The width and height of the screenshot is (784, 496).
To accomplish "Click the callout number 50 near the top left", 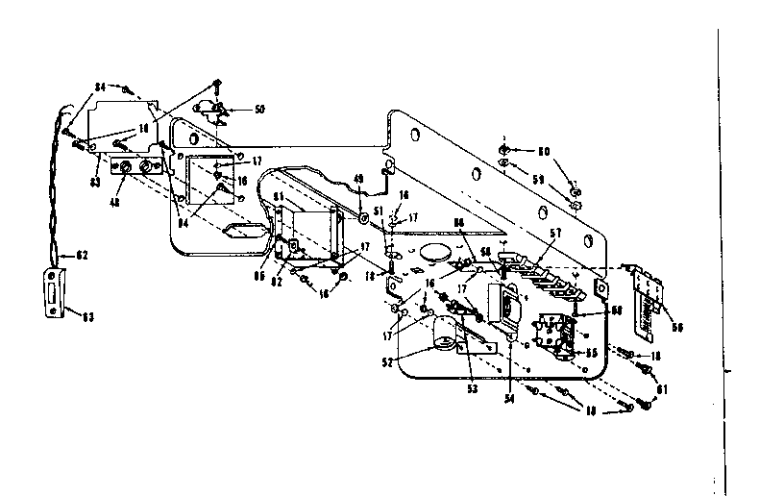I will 258,110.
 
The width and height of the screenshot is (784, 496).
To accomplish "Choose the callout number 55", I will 592,353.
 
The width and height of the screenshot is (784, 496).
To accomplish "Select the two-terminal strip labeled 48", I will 135,170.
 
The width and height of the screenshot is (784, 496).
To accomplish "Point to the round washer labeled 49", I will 364,220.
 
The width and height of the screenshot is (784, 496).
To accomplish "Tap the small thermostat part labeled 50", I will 213,110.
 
